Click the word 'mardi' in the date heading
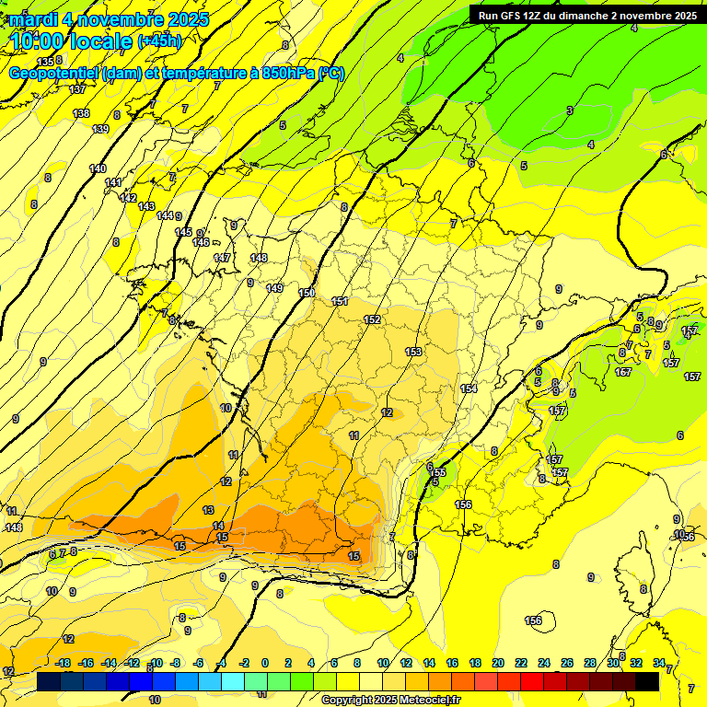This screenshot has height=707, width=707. (33, 19)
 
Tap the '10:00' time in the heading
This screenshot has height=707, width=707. (40, 41)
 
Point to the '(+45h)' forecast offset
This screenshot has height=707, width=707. (159, 41)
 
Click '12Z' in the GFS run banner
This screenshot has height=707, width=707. (537, 16)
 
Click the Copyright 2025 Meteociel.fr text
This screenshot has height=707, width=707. (390, 701)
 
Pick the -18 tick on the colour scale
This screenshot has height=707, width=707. (63, 663)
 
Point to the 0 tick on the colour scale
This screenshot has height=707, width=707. (265, 663)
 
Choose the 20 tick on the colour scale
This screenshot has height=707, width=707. (498, 663)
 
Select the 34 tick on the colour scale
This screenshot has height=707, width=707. (658, 663)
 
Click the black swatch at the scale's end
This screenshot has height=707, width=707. (647, 681)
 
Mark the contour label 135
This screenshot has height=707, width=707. (45, 62)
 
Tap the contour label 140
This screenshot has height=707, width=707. (98, 168)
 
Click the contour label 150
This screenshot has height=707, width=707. (307, 293)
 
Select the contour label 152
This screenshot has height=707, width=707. (372, 319)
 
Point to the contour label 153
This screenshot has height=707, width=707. (413, 352)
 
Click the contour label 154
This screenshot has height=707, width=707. (469, 388)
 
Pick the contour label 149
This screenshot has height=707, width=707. (274, 288)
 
